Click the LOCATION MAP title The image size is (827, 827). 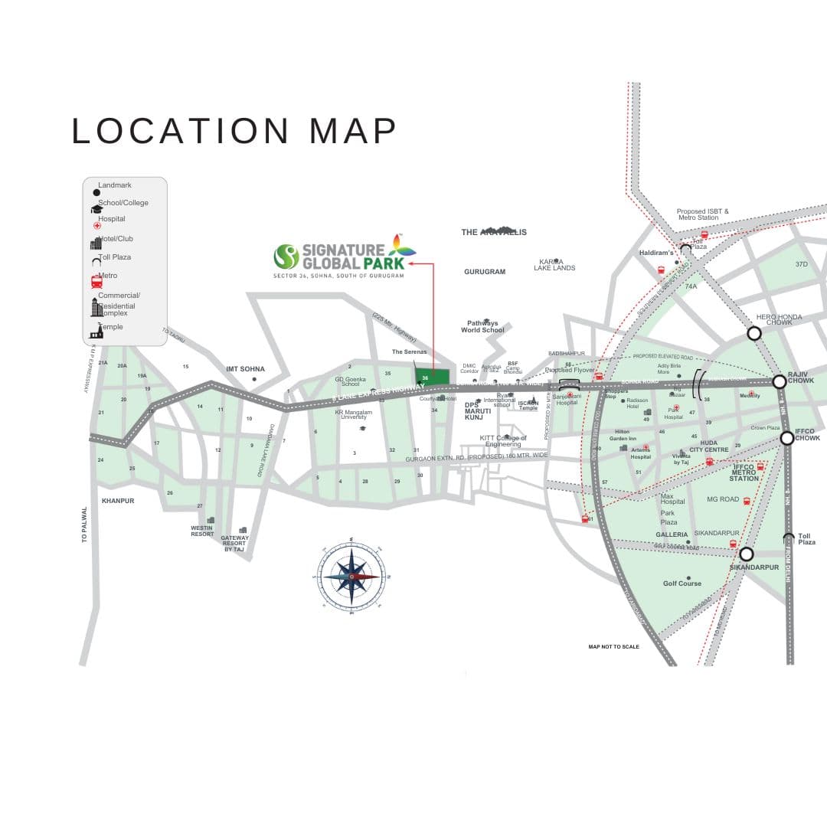click(x=234, y=131)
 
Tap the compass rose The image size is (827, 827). click(x=352, y=576)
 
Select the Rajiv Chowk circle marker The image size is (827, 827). click(x=779, y=381)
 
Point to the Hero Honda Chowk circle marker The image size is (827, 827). click(x=754, y=333)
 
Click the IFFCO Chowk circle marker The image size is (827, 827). click(x=786, y=438)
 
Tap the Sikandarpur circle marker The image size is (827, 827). click(x=747, y=554)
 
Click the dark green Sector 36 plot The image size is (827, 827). click(x=433, y=378)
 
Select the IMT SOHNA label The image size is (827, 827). click(x=245, y=369)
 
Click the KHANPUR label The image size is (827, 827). click(x=118, y=501)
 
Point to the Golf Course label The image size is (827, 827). click(x=682, y=583)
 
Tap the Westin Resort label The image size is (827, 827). click(x=203, y=531)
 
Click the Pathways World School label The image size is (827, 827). click(x=482, y=327)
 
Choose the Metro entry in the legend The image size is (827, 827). click(x=108, y=276)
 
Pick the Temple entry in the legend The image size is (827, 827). click(x=110, y=328)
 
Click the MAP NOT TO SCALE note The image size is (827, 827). click(x=613, y=647)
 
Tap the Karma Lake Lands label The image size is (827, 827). click(x=554, y=264)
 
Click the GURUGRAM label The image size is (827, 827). click(x=485, y=272)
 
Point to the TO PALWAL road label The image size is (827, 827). click(x=85, y=524)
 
